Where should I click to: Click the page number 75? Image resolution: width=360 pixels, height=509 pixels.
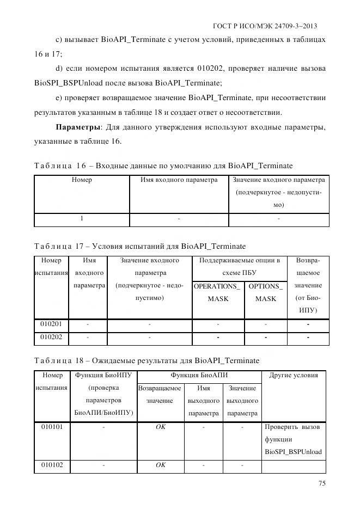[322, 483]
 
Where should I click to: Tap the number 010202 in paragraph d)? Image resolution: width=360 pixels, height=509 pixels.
[243, 69]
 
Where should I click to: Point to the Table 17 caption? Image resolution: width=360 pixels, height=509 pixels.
[140, 246]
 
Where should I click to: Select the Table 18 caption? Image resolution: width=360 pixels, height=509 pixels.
[147, 360]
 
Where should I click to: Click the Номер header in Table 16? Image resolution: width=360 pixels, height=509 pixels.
[82, 180]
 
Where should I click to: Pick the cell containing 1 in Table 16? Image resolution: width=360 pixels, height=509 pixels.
[82, 219]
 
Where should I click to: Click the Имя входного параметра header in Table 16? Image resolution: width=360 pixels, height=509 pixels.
[179, 180]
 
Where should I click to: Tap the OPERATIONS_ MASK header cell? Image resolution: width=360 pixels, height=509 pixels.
[218, 292]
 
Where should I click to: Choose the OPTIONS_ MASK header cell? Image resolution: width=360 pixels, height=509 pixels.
[266, 292]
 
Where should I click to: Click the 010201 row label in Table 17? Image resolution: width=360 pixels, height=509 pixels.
[51, 324]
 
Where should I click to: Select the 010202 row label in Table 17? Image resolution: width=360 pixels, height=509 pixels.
[51, 338]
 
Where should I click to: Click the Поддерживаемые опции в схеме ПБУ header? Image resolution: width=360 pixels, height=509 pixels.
[239, 266]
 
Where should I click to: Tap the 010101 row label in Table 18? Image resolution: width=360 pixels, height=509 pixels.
[52, 427]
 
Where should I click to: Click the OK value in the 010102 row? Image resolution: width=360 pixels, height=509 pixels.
[160, 465]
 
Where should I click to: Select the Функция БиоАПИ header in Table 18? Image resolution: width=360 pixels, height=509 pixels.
[199, 375]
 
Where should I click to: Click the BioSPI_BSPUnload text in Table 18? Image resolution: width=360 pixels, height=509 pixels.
[293, 452]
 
